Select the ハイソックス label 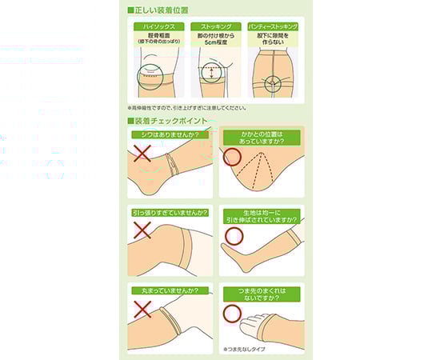tap(154, 26)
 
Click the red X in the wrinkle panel tap(142, 154)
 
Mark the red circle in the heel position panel tap(231, 157)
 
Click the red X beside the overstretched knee tap(142, 232)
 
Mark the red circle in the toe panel tap(231, 312)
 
